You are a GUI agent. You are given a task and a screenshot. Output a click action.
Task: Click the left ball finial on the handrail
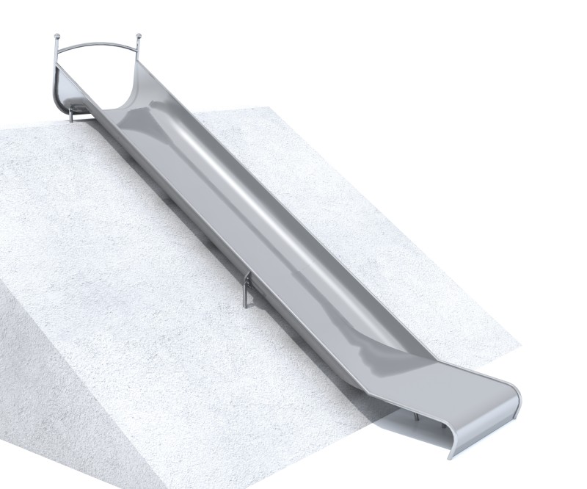click(x=57, y=36)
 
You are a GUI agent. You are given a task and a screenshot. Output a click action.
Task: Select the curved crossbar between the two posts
click(x=98, y=44)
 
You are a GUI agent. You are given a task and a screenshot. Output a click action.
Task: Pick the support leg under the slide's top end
click(x=70, y=114)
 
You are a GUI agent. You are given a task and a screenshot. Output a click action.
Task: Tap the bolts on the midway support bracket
click(x=249, y=280)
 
